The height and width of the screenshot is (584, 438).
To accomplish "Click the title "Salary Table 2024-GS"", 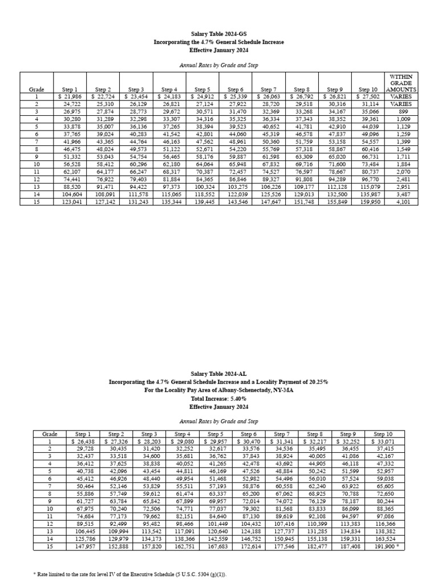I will point(218,34).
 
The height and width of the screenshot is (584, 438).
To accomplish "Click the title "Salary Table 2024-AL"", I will point(218,373).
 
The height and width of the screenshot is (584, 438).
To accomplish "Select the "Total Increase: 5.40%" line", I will point(218,399).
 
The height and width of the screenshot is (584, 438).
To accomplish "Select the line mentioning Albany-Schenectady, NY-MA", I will point(218,391).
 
